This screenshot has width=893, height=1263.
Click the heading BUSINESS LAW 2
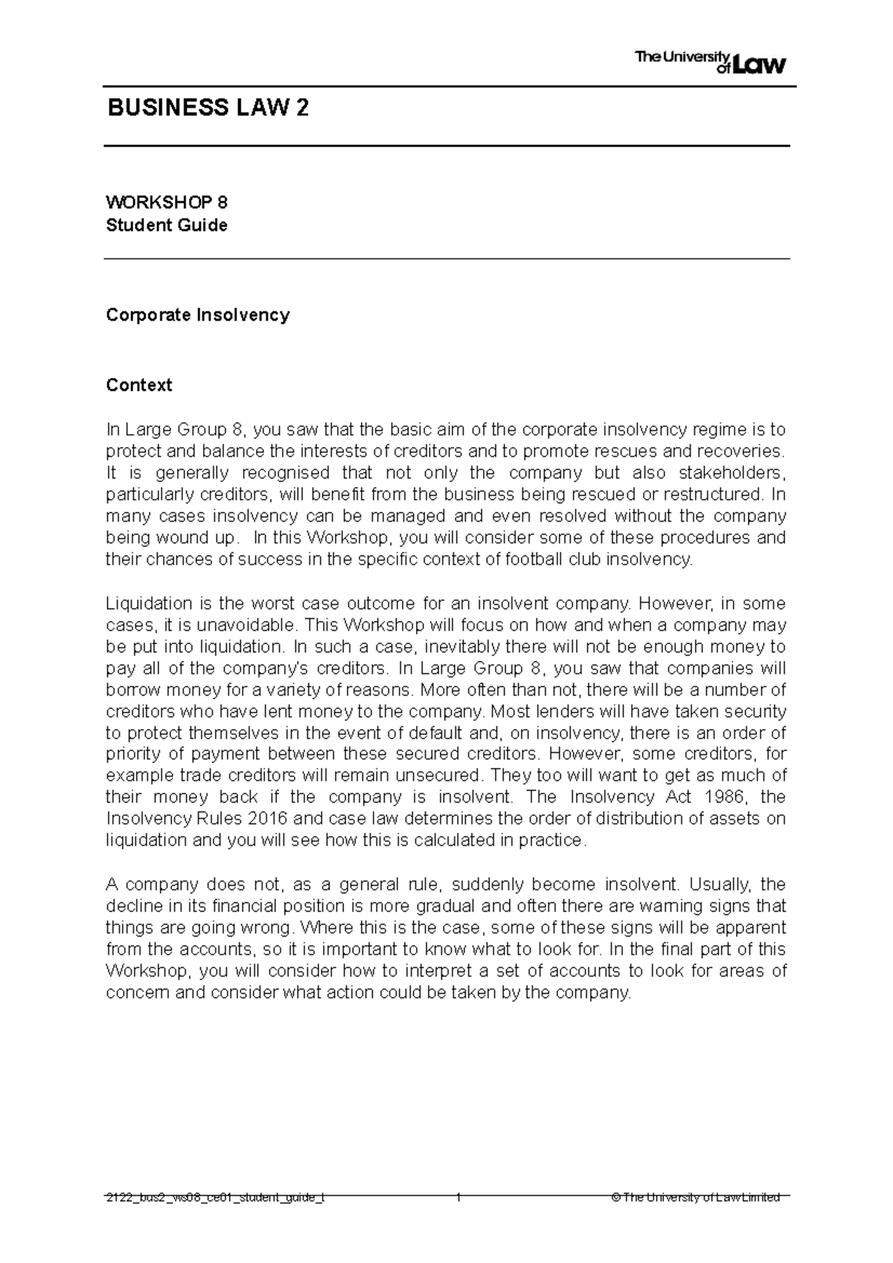click(x=208, y=109)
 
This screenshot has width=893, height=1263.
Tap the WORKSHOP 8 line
click(x=167, y=202)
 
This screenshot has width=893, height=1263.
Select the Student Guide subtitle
click(x=167, y=225)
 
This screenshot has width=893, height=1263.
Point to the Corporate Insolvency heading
click(x=197, y=315)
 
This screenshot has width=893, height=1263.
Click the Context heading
click(x=138, y=385)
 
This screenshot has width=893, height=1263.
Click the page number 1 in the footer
click(x=458, y=1197)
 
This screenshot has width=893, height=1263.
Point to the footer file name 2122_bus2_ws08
click(x=215, y=1197)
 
